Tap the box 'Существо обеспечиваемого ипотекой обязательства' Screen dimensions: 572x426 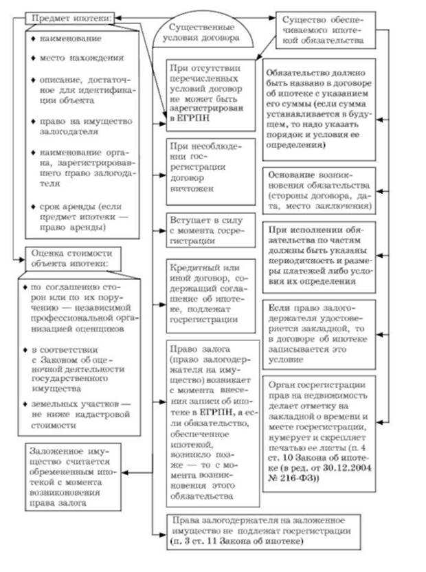328,30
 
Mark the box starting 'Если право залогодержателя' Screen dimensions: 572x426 321,331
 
